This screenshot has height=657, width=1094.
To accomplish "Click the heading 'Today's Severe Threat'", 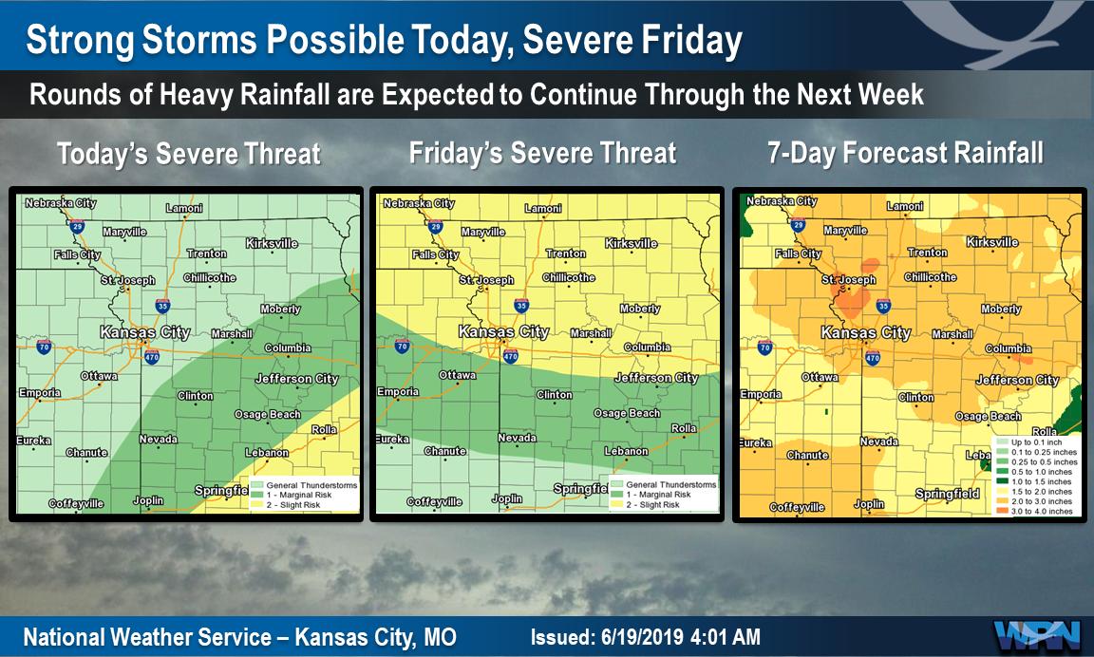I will pos(188,154).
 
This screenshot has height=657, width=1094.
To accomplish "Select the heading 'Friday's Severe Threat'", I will pos(542,154).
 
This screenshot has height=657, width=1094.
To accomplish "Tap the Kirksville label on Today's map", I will pos(272,244).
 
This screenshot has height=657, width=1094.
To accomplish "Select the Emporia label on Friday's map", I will pos(398,392).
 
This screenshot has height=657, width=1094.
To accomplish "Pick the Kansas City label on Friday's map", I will pos(503,332).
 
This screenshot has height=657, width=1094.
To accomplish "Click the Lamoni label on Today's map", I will pos(184,209).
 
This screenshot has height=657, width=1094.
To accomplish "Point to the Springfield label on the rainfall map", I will pos(947,494).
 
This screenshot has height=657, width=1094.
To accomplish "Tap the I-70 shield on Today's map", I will pos(44,348).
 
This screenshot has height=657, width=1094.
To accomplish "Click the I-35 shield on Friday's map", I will pos(520,306).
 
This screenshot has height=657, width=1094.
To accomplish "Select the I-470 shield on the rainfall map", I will pos(873,357).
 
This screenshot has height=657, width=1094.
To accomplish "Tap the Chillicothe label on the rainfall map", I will pos(931,277).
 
